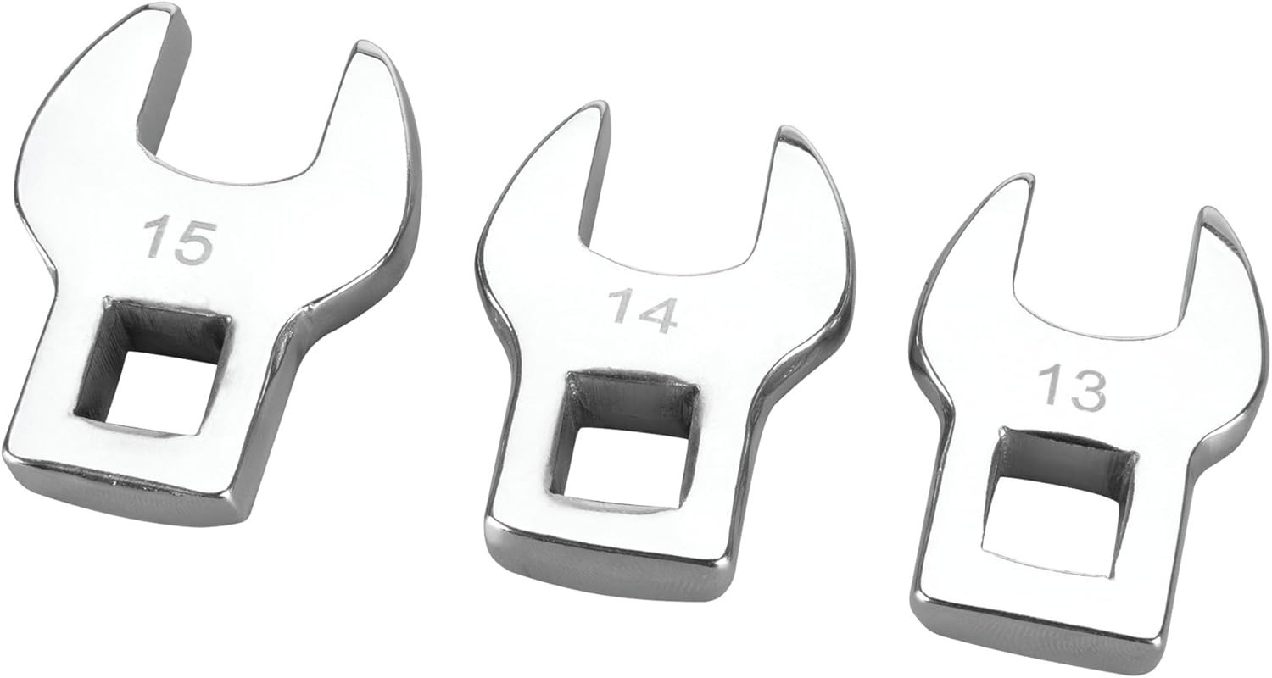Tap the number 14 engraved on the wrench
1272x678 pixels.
[643, 310]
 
